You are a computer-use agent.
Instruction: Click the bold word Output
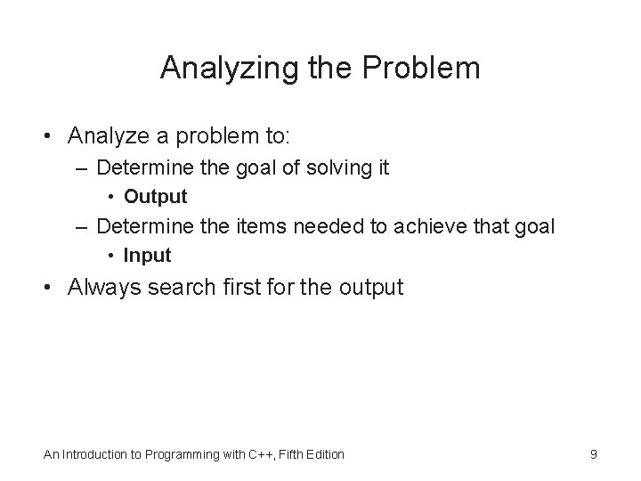[x=156, y=196]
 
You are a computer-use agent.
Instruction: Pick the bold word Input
[x=147, y=256]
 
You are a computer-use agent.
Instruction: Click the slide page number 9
[x=594, y=454]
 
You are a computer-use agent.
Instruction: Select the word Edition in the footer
[x=324, y=454]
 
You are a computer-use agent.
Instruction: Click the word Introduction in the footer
[x=99, y=454]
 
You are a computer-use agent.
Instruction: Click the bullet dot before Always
[x=52, y=287]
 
